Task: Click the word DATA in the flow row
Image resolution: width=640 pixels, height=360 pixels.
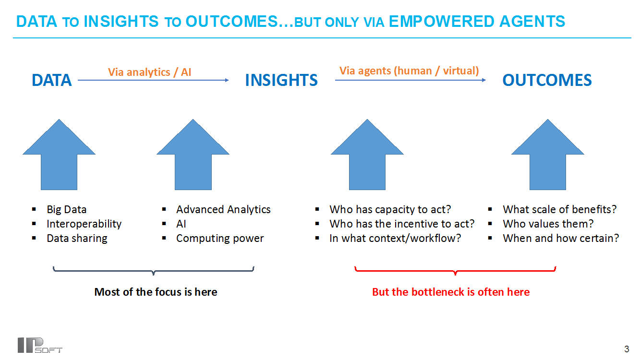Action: [x=52, y=80]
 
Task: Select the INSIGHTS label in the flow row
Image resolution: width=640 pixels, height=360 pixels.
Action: [x=281, y=80]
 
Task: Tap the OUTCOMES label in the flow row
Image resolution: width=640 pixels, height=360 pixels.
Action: [x=547, y=80]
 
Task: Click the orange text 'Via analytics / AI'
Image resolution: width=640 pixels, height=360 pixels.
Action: [x=149, y=72]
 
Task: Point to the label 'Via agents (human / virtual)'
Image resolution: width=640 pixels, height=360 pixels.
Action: [x=409, y=71]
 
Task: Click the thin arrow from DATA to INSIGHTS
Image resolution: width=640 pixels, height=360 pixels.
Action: [x=153, y=80]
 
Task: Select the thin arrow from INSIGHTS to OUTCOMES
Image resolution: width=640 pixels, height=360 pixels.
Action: [x=411, y=80]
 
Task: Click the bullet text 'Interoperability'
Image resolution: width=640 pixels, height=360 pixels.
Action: [x=84, y=224]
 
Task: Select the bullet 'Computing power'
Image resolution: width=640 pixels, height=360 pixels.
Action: [x=220, y=239]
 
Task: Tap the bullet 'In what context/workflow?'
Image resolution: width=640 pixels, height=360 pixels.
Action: [x=395, y=238]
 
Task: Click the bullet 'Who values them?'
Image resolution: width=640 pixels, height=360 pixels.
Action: [x=548, y=224]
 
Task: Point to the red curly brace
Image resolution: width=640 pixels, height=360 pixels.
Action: [x=455, y=271]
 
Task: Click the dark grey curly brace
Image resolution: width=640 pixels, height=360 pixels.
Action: [x=154, y=271]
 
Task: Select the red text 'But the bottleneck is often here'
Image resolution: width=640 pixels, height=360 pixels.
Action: [x=451, y=292]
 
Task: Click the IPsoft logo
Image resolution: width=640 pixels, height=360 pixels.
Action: [x=40, y=345]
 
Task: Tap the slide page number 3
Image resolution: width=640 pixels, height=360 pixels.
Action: [x=627, y=349]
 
